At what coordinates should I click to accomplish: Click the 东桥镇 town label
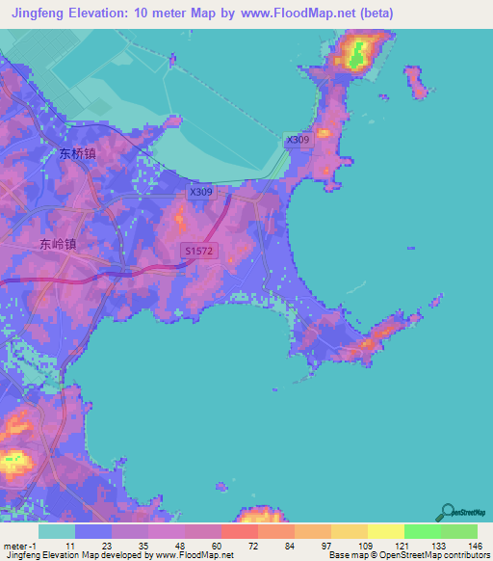(x=77, y=152)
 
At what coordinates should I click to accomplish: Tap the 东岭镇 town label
(x=59, y=244)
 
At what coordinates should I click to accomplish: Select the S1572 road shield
(x=197, y=252)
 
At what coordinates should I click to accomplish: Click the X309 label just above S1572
(x=200, y=192)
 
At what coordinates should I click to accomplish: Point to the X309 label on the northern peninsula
(x=298, y=141)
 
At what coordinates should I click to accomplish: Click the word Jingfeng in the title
(x=39, y=14)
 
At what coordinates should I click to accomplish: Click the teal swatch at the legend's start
(x=57, y=531)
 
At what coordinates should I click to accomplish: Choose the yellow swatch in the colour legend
(x=385, y=531)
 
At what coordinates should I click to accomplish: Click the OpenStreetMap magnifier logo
(x=446, y=512)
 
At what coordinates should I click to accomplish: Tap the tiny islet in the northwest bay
(x=172, y=60)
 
